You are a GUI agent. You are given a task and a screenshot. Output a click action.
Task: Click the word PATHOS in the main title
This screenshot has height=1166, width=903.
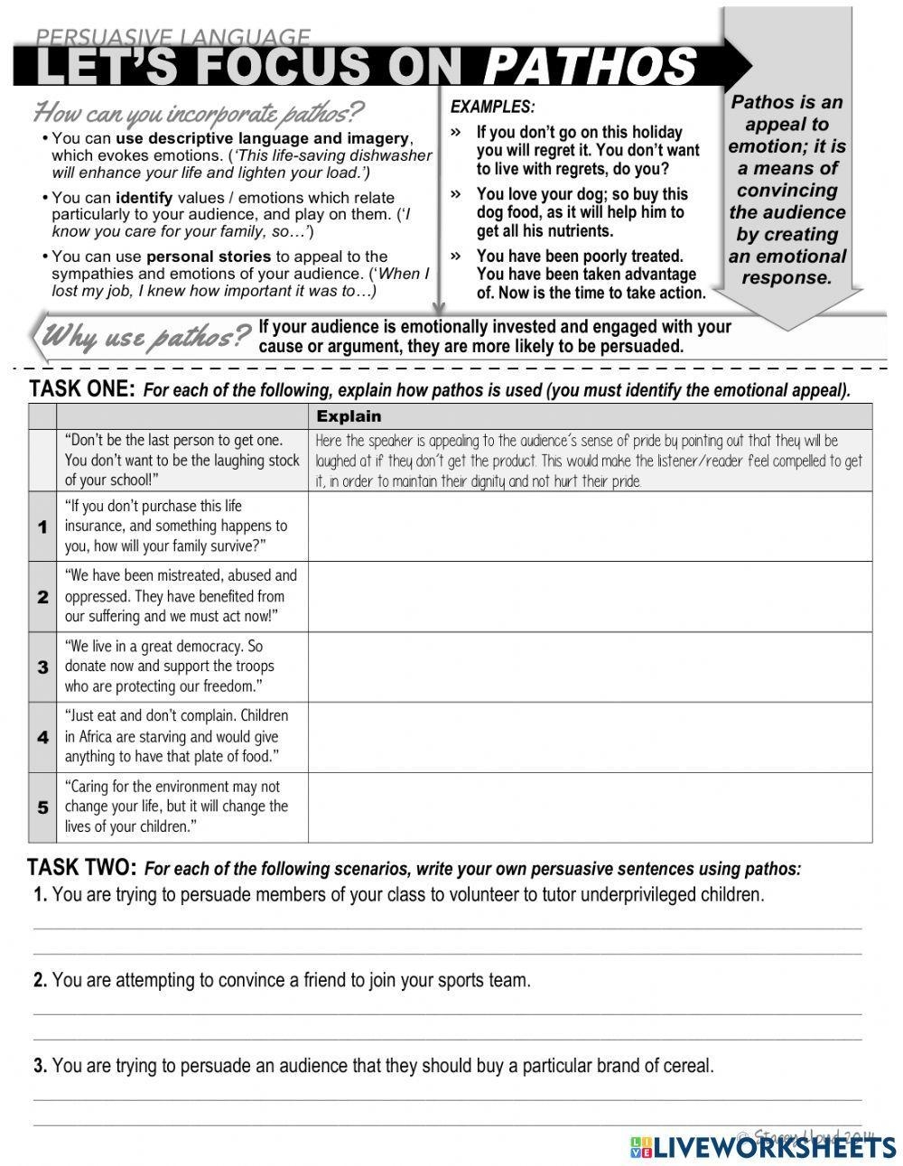(x=591, y=66)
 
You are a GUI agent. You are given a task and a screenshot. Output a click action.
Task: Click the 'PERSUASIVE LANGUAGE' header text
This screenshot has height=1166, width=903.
(x=172, y=37)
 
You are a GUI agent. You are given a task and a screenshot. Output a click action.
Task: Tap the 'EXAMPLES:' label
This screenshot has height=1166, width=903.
(x=492, y=107)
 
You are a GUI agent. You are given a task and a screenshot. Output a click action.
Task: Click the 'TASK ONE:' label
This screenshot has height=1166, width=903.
(x=82, y=389)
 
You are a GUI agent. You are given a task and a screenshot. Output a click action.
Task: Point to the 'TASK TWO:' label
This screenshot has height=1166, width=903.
(x=82, y=868)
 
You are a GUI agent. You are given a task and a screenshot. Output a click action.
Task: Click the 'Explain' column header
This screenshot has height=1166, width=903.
(x=349, y=416)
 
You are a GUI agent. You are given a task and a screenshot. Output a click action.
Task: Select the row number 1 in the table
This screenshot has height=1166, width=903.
(x=42, y=527)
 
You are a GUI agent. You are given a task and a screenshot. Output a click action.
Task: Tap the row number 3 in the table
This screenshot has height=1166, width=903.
(x=42, y=667)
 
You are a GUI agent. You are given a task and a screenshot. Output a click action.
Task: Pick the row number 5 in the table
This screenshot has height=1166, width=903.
(x=42, y=807)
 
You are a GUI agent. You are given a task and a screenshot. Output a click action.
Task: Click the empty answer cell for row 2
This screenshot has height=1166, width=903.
(x=590, y=596)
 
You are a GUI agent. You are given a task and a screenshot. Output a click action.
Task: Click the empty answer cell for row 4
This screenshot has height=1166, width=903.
(x=590, y=737)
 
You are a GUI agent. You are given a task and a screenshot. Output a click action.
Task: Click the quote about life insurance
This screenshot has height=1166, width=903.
(x=176, y=526)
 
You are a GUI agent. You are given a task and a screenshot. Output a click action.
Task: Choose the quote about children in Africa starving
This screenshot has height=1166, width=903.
(x=176, y=736)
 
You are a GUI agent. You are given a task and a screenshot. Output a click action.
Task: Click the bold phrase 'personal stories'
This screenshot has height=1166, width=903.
(x=209, y=257)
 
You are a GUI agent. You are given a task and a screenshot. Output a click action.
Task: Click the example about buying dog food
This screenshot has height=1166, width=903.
(x=582, y=212)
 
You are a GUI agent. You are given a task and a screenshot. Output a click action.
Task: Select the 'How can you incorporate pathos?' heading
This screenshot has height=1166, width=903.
(x=199, y=114)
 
